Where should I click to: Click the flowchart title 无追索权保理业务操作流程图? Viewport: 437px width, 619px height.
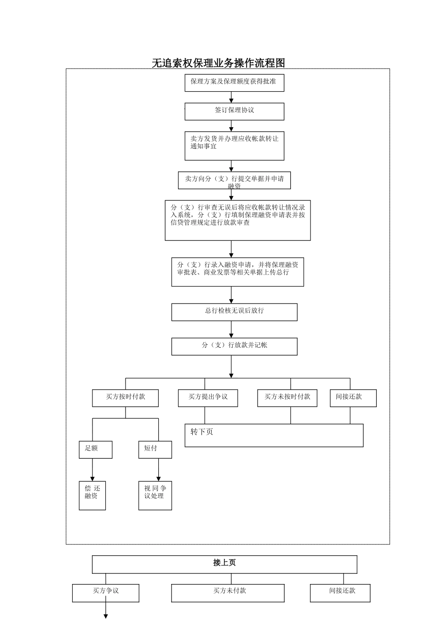tap(218, 63)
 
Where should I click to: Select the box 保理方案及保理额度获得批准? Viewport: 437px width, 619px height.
tap(234, 82)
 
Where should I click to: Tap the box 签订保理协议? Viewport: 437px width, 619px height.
tap(234, 111)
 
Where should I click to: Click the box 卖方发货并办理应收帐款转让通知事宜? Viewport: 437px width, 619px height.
tap(234, 146)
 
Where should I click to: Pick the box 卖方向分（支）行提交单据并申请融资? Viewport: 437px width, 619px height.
tap(234, 180)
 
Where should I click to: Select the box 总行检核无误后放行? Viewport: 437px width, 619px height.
tap(234, 312)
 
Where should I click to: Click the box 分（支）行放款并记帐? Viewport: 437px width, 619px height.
tap(234, 346)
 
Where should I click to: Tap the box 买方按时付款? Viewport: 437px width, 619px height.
tap(125, 398)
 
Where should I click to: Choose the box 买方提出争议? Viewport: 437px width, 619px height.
tap(208, 398)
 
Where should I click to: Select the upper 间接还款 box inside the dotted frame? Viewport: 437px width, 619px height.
tap(353, 398)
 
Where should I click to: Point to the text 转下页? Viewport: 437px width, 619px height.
tap(202, 432)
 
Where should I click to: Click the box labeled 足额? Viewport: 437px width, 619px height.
tap(95, 450)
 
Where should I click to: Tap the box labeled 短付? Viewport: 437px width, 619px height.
tap(155, 450)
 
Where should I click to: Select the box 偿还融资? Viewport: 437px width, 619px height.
tap(92, 495)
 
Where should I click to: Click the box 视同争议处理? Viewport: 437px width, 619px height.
tap(155, 495)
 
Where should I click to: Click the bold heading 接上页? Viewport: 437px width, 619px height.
tap(224, 563)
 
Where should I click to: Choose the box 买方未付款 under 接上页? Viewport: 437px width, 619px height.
tap(228, 593)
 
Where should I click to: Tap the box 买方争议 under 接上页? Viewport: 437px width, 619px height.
tap(105, 593)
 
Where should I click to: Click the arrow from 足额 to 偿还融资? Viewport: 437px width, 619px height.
tap(92, 470)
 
